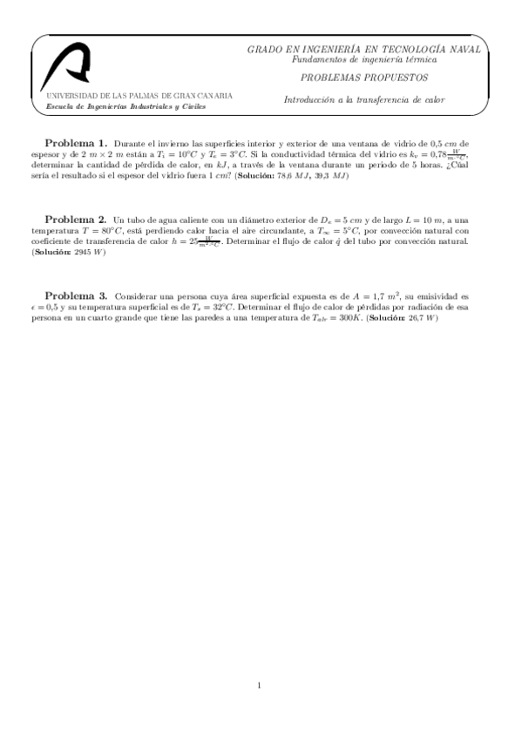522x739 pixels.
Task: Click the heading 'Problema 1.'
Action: click(x=76, y=142)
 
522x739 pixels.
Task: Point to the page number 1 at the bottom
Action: click(x=260, y=685)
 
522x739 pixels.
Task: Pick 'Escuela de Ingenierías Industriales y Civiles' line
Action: click(x=126, y=106)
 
